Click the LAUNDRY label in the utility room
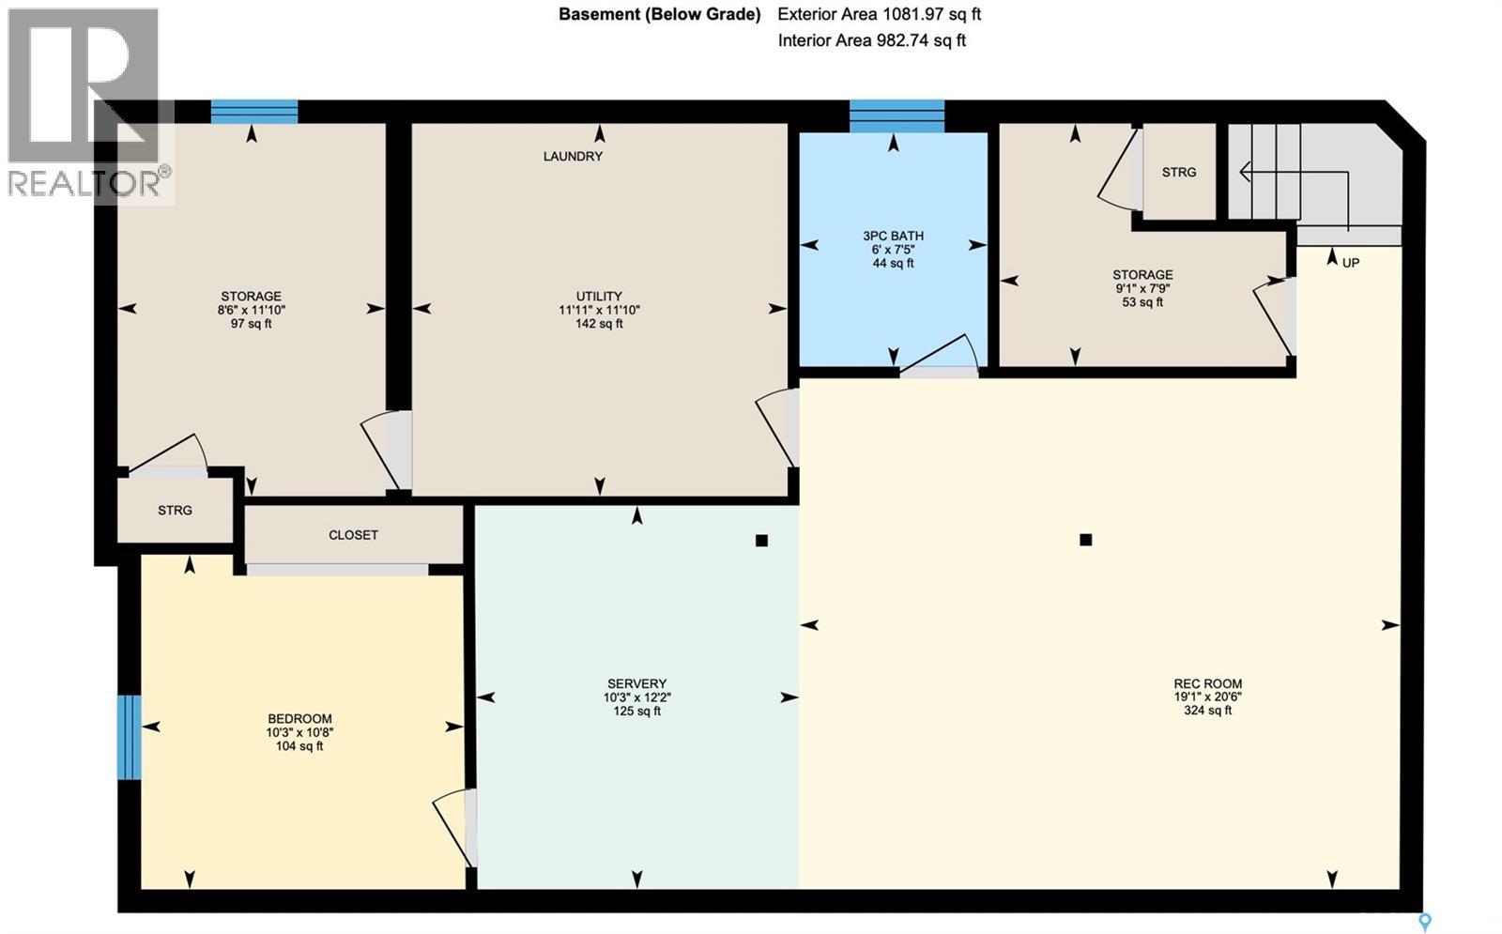573,157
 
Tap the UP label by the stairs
1350,263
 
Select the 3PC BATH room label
893,236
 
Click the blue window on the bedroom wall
130,737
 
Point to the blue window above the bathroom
897,115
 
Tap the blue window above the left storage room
253,112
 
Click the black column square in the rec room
1085,540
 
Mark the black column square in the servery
761,541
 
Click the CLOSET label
353,535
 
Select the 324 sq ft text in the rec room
1207,711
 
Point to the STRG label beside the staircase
1178,173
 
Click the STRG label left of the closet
175,511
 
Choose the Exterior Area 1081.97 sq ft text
879,15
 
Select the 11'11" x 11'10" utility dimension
599,310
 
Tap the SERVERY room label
636,684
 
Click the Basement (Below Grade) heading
659,15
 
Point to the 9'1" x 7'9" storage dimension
1142,289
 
